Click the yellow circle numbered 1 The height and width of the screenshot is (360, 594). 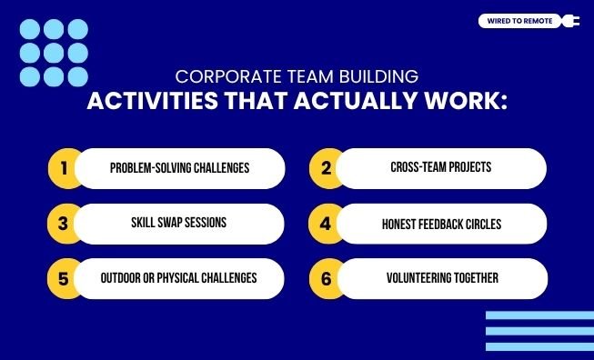click(64, 168)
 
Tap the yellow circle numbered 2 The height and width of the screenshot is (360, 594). click(325, 168)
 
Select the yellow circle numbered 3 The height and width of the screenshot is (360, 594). click(64, 224)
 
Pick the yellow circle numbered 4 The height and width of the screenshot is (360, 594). click(325, 224)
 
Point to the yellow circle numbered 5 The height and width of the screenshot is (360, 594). click(64, 278)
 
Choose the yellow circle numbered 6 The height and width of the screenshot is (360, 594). click(325, 278)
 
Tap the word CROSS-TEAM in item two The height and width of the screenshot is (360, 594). click(414, 168)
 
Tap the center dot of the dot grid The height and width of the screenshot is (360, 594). click(54, 53)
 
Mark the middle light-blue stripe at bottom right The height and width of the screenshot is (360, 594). click(539, 332)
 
